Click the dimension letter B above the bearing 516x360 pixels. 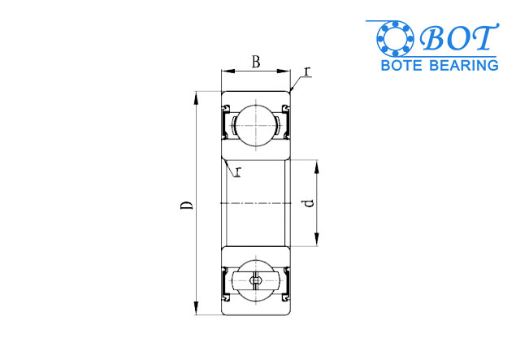256,63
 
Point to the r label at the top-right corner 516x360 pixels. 306,72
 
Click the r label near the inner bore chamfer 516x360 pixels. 238,171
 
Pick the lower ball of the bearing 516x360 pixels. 256,281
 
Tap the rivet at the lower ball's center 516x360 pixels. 256,281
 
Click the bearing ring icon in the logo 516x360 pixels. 394,38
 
